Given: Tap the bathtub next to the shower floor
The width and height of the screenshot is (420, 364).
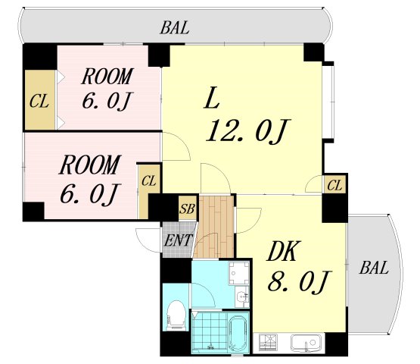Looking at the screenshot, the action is click(x=238, y=334).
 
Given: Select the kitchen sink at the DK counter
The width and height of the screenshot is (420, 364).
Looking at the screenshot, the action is click(x=306, y=343).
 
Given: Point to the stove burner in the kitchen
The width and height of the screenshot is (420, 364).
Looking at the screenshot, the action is click(x=268, y=343).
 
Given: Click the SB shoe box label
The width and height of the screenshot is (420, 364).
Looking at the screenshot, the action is click(x=188, y=209).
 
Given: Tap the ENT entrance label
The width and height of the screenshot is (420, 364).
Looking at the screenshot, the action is click(x=178, y=240).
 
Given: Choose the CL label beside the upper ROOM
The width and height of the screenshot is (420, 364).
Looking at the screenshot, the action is click(x=39, y=102).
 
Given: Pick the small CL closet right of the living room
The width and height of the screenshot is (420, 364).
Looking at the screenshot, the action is click(x=334, y=185).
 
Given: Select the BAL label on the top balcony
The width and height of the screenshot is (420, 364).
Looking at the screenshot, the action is click(x=175, y=27).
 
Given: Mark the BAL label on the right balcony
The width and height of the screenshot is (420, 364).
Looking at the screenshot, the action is click(x=374, y=268).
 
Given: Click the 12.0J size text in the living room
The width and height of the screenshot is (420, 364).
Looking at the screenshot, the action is click(x=247, y=131).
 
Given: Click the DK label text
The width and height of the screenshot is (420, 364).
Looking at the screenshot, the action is click(x=282, y=251).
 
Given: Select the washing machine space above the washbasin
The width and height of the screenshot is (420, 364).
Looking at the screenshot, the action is click(x=238, y=272).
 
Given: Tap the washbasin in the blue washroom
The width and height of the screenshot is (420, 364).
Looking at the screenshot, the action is click(x=242, y=297).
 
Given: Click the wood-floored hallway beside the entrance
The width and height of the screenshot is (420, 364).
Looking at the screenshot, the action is click(x=215, y=227).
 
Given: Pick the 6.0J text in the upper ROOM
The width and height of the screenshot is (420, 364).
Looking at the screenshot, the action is click(x=107, y=101).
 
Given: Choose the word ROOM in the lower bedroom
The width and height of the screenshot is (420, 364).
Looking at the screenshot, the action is click(x=89, y=165).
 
